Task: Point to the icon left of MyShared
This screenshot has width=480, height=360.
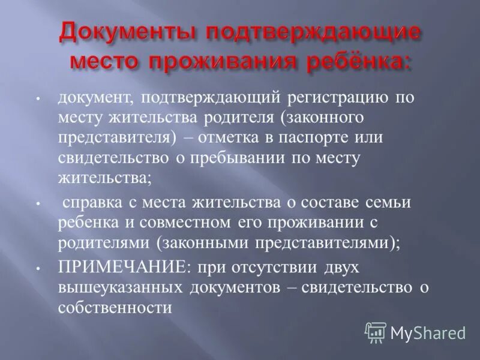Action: click(376, 332)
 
